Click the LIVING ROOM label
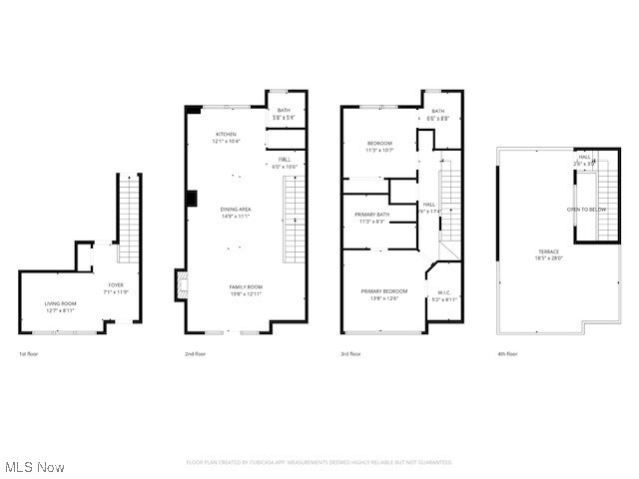tap(60, 303)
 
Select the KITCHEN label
tap(227, 135)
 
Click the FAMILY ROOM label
tap(245, 286)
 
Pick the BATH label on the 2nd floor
tap(284, 111)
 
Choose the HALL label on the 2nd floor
tap(285, 159)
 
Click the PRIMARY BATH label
tap(372, 215)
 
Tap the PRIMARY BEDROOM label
tap(384, 290)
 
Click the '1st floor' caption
tap(29, 353)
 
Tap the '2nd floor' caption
tap(195, 353)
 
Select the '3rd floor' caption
tap(351, 353)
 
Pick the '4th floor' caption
tap(507, 353)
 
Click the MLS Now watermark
tap(35, 467)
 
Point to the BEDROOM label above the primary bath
tap(379, 143)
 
